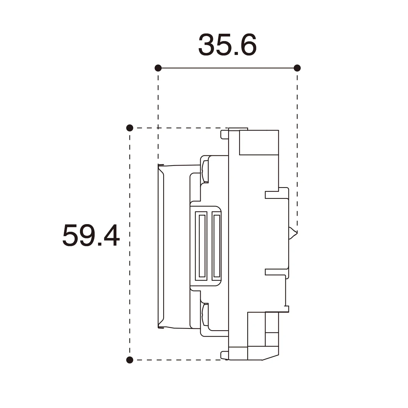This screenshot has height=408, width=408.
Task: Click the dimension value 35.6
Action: pyautogui.click(x=227, y=45)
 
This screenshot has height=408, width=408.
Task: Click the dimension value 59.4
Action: pyautogui.click(x=91, y=236)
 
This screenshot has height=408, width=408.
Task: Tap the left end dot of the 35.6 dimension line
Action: pyautogui.click(x=158, y=68)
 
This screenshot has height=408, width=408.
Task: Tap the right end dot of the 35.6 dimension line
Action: pyautogui.click(x=297, y=68)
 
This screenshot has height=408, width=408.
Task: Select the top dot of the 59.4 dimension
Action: pyautogui.click(x=130, y=128)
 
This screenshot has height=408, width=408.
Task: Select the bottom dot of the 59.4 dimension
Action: pyautogui.click(x=130, y=360)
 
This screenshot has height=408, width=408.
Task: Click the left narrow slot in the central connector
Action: pyautogui.click(x=202, y=246)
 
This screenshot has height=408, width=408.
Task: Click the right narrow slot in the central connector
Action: pyautogui.click(x=217, y=246)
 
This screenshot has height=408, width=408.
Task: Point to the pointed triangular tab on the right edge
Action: pyautogui.click(x=293, y=233)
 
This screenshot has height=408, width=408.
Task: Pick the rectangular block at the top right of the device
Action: pyautogui.click(x=259, y=143)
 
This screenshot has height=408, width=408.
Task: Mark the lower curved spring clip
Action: pyautogui.click(x=205, y=314)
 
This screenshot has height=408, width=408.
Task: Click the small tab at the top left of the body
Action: pyautogui.click(x=224, y=135)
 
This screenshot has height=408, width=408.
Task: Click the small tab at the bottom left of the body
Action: pyautogui.click(x=224, y=355)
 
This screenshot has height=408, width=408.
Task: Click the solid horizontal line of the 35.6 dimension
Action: pyautogui.click(x=227, y=68)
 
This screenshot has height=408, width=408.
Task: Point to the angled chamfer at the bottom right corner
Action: pyautogui.click(x=270, y=357)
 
